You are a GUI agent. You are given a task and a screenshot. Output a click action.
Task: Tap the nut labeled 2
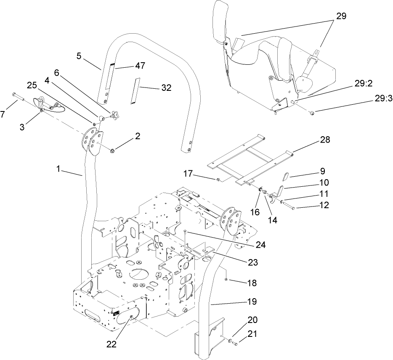coord(113,150)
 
